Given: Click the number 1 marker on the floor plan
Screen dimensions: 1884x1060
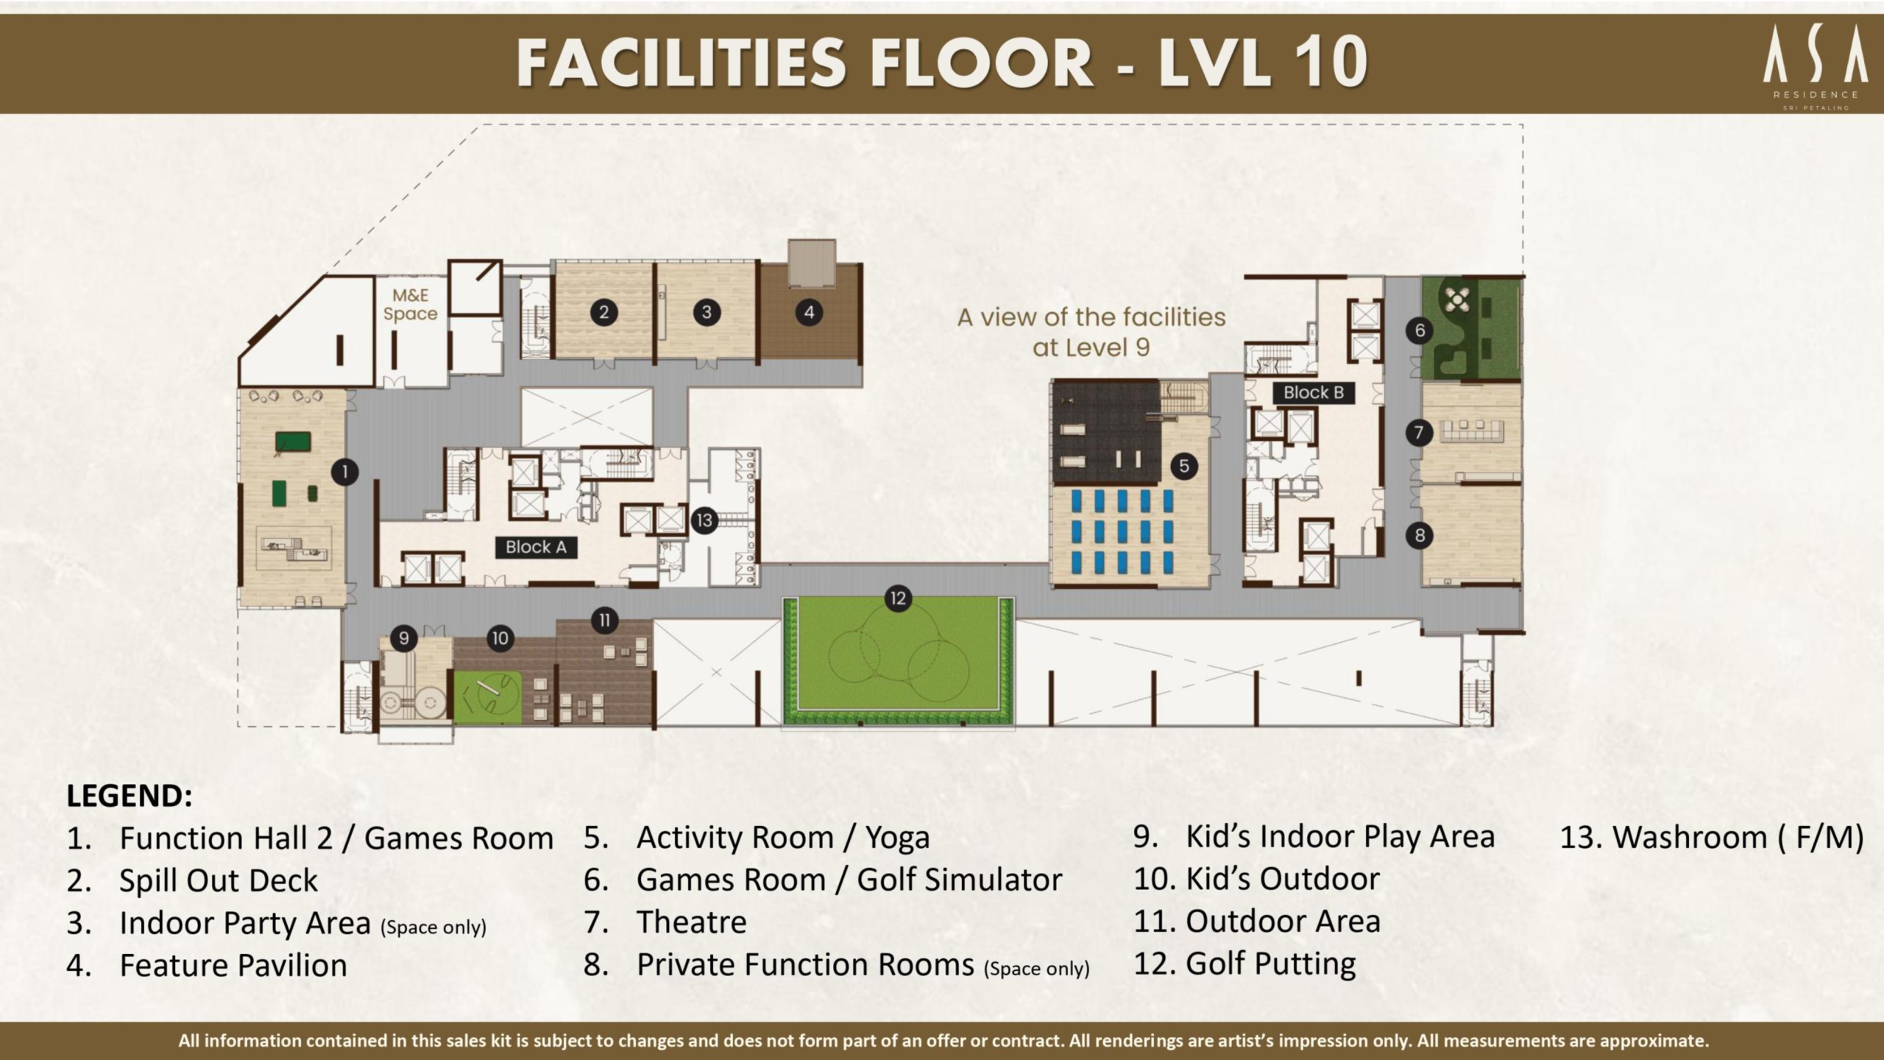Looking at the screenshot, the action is [344, 472].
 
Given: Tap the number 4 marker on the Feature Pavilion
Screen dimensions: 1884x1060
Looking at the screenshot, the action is [809, 312].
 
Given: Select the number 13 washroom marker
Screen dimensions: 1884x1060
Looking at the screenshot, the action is [704, 520].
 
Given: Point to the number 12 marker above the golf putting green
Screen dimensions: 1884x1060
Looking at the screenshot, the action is [898, 598].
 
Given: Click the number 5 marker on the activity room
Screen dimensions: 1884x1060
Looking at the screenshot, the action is [1184, 466].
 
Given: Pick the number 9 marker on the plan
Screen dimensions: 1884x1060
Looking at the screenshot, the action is [403, 637].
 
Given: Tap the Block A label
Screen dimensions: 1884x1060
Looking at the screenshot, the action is [536, 547].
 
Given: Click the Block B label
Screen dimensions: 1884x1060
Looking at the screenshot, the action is [1314, 392].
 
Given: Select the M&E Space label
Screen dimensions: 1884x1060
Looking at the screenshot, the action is [410, 305].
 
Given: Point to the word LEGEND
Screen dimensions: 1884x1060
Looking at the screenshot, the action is [130, 796].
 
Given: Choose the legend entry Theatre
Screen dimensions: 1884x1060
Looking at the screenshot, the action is [691, 922].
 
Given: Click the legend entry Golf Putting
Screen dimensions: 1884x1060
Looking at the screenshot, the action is [1270, 964].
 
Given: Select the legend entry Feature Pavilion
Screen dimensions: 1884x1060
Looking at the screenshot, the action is [233, 965].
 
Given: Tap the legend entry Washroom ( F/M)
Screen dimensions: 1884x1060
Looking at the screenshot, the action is [1712, 838].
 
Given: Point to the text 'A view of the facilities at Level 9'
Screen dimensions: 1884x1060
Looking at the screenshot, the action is [1091, 332].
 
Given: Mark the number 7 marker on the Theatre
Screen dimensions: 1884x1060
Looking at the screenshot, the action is [1419, 432].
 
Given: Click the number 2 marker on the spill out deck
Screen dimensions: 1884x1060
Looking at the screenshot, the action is [603, 312].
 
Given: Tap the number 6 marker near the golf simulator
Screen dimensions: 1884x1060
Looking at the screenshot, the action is [1420, 331].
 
